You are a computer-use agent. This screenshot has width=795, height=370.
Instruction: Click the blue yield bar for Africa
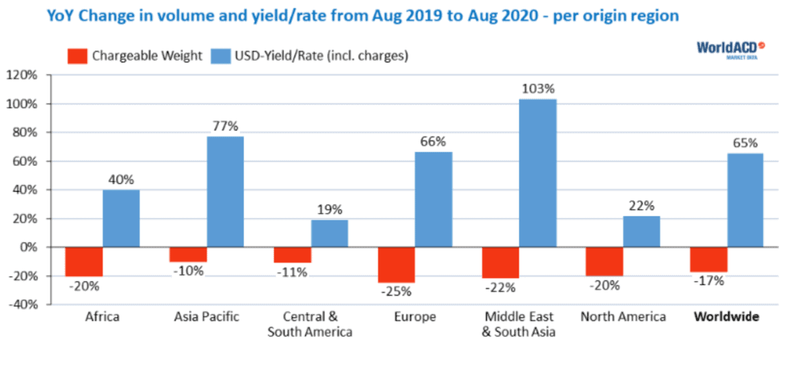click(121, 218)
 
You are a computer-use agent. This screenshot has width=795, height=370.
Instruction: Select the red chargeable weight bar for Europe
click(396, 265)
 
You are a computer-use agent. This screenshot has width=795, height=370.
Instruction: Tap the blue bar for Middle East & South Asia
click(538, 173)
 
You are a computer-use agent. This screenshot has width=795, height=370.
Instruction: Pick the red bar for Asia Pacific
click(188, 254)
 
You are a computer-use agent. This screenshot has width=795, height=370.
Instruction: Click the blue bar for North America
click(641, 232)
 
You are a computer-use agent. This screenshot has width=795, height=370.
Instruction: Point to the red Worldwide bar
click(709, 259)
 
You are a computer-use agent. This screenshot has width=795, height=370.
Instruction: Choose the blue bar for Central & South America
click(330, 234)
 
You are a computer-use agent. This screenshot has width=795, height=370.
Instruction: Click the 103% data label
click(538, 89)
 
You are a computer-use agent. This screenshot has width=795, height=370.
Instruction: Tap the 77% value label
click(225, 126)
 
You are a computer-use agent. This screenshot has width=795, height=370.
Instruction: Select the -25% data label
click(396, 292)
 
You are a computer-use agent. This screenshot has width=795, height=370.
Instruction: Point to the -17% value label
click(709, 281)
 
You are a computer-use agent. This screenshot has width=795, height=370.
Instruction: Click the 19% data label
click(330, 210)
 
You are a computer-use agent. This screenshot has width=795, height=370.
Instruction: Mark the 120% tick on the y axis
click(22, 75)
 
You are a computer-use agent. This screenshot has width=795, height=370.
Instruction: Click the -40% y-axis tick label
click(23, 304)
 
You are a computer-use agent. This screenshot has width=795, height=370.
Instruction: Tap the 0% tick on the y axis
click(28, 247)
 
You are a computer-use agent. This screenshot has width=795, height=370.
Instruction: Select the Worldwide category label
click(727, 316)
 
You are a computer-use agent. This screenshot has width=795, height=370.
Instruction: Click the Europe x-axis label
click(415, 317)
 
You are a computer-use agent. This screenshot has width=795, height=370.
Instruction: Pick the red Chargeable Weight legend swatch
click(78, 56)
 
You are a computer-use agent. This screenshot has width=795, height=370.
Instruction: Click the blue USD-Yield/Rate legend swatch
click(221, 56)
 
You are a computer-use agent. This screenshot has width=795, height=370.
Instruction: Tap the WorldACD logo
click(731, 50)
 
